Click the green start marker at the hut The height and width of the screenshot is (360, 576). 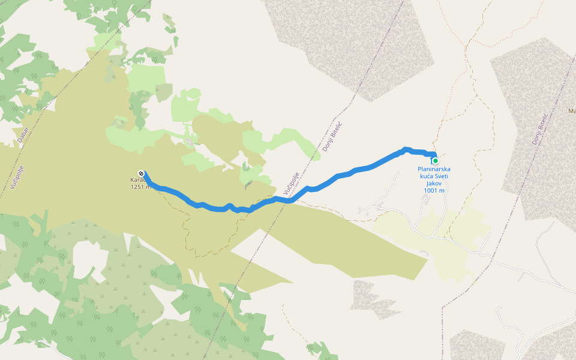pyautogui.click(x=435, y=161)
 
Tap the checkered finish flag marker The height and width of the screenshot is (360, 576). pyautogui.click(x=141, y=172)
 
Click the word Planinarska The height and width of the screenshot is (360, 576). pyautogui.click(x=434, y=169)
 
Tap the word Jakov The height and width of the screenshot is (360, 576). pyautogui.click(x=434, y=184)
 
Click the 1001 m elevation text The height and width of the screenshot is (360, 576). pyautogui.click(x=434, y=191)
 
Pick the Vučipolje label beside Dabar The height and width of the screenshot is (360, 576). pyautogui.click(x=16, y=174)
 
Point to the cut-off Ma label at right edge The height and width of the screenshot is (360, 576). pyautogui.click(x=571, y=111)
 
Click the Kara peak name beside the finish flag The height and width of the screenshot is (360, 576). pyautogui.click(x=136, y=179)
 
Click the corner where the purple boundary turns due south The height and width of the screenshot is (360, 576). pyautogui.click(x=442, y=308)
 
